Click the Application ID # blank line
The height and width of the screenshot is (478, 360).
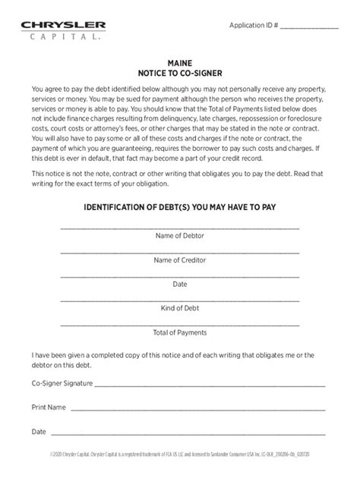[309, 28]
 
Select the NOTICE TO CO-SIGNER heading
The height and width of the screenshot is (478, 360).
[179, 76]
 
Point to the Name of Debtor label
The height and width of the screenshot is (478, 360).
[179, 236]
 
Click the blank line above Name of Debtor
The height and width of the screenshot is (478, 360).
[179, 228]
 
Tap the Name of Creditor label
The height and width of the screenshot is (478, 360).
[179, 260]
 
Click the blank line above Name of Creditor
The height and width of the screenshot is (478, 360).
[179, 252]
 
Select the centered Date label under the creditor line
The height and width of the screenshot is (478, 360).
[179, 285]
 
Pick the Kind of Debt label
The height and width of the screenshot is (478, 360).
[179, 309]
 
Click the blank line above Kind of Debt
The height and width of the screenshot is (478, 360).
[179, 300]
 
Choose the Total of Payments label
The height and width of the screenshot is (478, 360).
[179, 332]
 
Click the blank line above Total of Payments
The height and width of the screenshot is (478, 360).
[179, 324]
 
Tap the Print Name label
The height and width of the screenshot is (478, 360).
[48, 407]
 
